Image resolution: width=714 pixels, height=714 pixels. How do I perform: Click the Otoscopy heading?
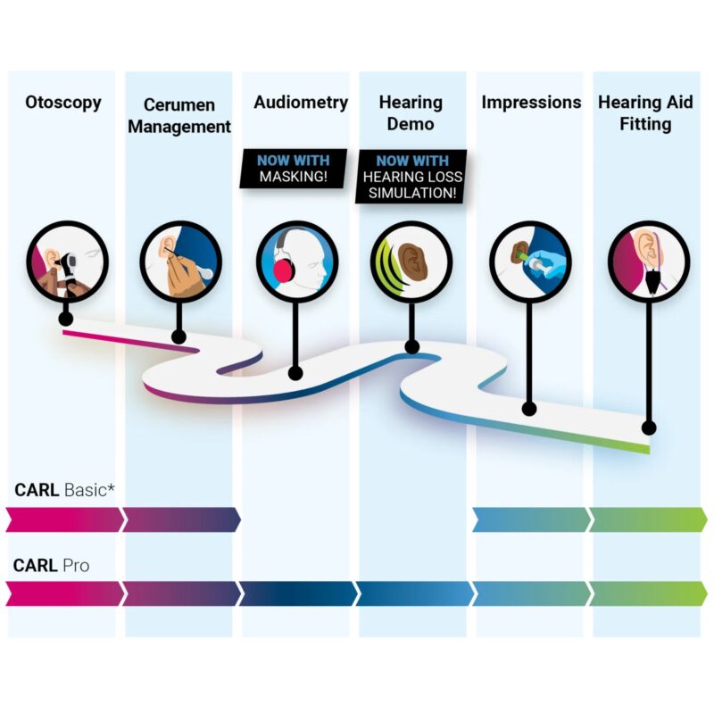coord(63,103)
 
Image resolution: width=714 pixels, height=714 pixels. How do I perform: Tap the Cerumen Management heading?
coord(179,116)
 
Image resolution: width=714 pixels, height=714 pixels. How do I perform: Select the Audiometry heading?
coord(301,103)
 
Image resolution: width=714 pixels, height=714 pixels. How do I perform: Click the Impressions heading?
coord(531,103)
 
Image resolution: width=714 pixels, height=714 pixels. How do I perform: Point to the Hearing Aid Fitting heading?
coord(645,113)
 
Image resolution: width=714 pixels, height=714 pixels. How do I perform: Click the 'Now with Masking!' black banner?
coord(294,169)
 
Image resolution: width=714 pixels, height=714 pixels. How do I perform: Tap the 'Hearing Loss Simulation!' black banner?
coord(411,176)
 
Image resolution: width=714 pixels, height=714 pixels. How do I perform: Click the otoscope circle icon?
coord(68,262)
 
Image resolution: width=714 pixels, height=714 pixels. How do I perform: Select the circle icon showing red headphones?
coord(297,262)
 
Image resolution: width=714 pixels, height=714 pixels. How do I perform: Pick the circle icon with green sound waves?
coord(411,262)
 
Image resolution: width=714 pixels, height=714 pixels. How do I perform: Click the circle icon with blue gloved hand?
coord(530,262)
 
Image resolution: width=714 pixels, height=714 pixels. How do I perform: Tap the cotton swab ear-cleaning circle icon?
coord(181,262)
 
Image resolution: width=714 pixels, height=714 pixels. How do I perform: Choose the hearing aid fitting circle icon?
coord(649,262)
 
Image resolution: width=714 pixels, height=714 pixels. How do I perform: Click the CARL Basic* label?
coord(64,490)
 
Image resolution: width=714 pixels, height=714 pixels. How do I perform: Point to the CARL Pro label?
coord(52,566)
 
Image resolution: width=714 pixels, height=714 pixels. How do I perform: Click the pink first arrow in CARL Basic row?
coord(64,519)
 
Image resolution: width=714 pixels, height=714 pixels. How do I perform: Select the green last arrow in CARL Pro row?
coord(649,594)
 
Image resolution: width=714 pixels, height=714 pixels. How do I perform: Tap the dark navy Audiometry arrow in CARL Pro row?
coord(298,594)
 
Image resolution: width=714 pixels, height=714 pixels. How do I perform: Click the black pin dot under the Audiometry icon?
coord(295,374)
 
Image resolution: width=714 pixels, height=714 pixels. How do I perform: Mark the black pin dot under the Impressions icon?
coord(528,409)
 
